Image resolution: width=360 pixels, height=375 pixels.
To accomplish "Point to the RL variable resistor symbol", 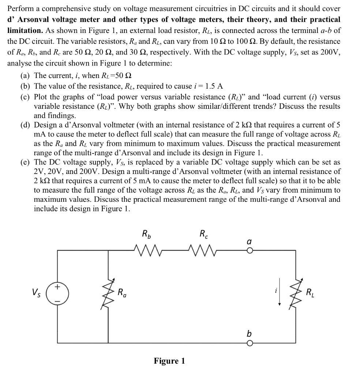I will pyautogui.click(x=295, y=293).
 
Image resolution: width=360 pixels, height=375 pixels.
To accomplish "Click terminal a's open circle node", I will pyautogui.click(x=250, y=251).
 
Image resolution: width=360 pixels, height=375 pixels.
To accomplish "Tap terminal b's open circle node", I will pyautogui.click(x=250, y=343).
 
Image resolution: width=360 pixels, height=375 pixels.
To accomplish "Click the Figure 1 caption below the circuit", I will pyautogui.click(x=169, y=361).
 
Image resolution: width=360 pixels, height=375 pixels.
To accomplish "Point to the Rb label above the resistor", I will pyautogui.click(x=146, y=234).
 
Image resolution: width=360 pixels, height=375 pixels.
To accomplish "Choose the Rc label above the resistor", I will pyautogui.click(x=203, y=234).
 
